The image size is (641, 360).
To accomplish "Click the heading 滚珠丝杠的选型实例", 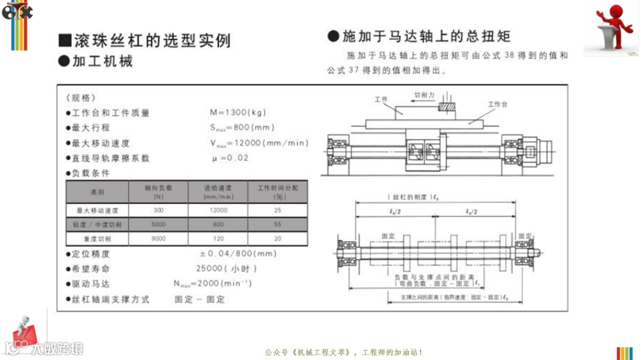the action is point(151,40).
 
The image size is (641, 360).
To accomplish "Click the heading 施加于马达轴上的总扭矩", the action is point(426,36).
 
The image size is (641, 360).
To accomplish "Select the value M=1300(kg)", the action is point(238,112).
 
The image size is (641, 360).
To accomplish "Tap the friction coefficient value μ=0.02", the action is point(230,158).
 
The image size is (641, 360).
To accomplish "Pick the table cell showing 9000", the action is point(158,239).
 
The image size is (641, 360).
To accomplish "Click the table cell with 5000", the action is point(158,225).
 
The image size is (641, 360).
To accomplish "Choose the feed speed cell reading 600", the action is point(218,225).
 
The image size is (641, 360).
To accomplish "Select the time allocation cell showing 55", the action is point(277,225).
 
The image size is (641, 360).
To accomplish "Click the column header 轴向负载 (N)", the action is point(158,192).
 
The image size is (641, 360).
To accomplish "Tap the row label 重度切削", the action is point(97,239).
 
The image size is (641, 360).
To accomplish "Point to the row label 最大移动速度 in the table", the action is point(97,211).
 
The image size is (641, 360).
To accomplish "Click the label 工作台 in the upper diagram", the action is point(497,104).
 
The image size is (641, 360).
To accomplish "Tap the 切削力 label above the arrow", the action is point(424,95).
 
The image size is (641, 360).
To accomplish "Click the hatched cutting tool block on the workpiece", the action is point(447,106).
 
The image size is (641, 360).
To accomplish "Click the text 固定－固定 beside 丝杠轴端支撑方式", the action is point(200,300).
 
